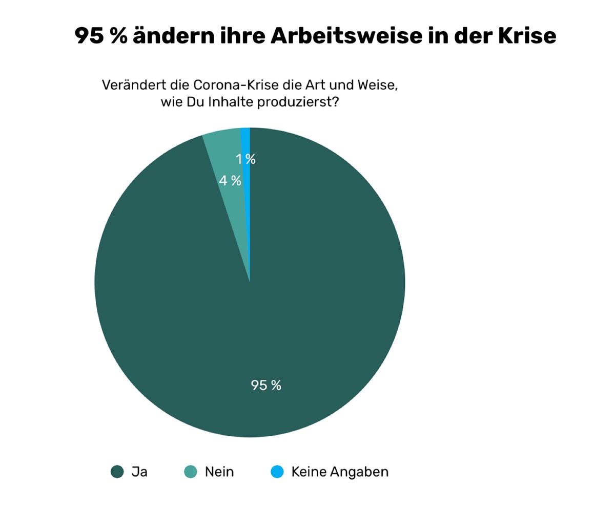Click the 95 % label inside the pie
[266, 385]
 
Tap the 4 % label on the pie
[230, 181]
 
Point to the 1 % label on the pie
[245, 159]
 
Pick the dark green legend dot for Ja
[117, 472]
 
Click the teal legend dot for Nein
[191, 472]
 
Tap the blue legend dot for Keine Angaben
[277, 472]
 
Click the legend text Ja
[139, 472]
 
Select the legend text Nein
[219, 472]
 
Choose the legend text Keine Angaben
[340, 472]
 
